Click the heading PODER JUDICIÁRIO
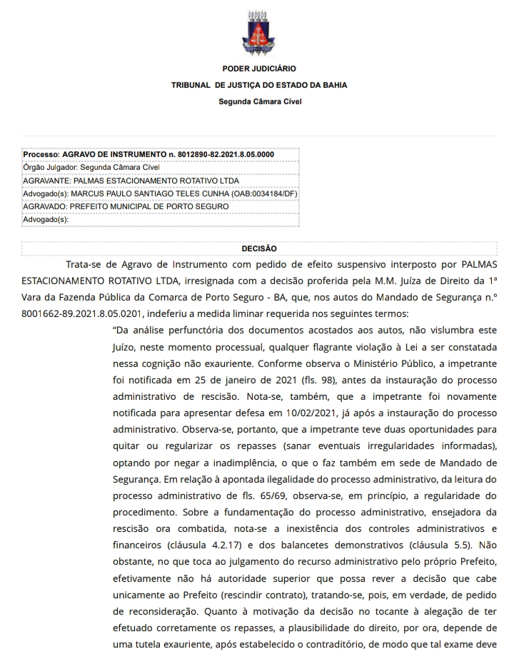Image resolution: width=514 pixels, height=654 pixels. pyautogui.click(x=259, y=69)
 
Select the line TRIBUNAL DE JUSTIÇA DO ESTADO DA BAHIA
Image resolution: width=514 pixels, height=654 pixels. pyautogui.click(x=259, y=85)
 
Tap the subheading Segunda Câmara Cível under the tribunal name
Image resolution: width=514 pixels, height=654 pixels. pyautogui.click(x=259, y=101)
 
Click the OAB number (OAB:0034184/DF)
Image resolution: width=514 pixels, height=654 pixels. pyautogui.click(x=259, y=193)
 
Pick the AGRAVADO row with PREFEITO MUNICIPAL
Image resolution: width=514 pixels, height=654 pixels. pyautogui.click(x=126, y=206)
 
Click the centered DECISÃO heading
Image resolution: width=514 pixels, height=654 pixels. pyautogui.click(x=259, y=248)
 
